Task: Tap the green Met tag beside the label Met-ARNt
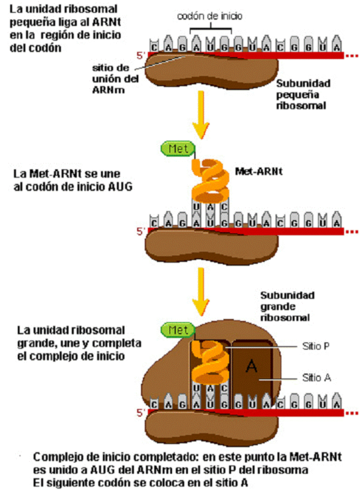coord(178,148)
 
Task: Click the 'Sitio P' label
coord(313,347)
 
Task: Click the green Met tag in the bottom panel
coord(178,330)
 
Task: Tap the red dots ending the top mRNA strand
coord(351,55)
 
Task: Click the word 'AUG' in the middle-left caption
coord(118,188)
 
